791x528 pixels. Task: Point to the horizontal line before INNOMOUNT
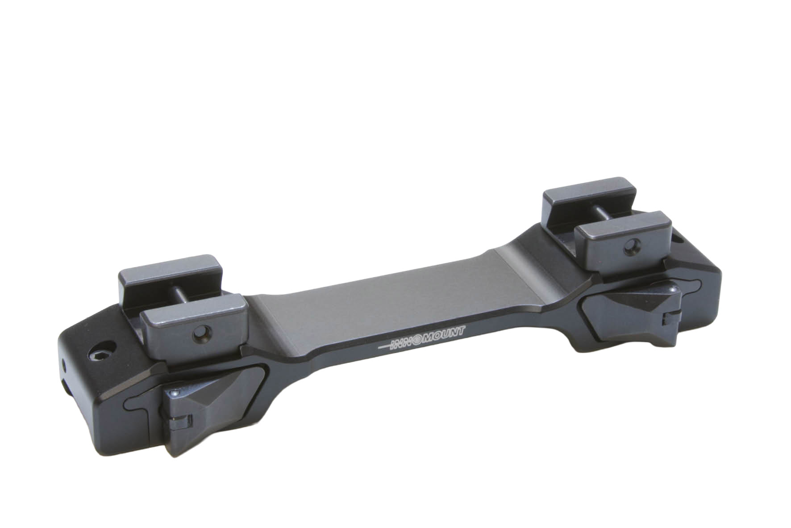pyautogui.click(x=384, y=346)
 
